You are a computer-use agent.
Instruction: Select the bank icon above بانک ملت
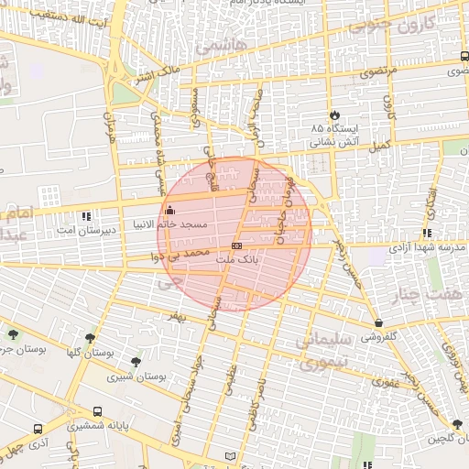click(x=237, y=245)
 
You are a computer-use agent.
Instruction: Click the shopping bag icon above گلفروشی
click(x=378, y=322)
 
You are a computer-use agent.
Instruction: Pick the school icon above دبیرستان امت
click(x=85, y=217)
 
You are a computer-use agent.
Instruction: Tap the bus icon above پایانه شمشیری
click(x=98, y=412)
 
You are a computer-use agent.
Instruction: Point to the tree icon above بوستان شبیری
click(x=136, y=363)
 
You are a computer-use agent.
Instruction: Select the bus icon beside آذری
click(x=38, y=428)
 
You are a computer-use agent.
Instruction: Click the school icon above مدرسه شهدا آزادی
click(x=427, y=233)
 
